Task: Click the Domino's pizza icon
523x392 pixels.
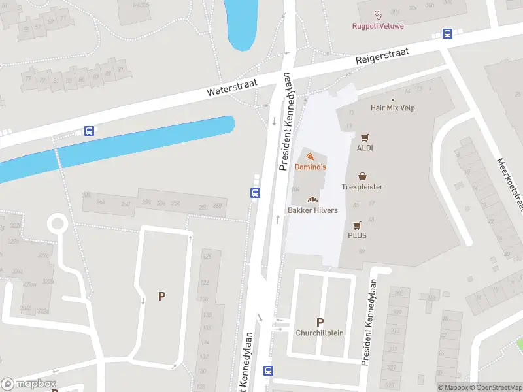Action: tap(310, 156)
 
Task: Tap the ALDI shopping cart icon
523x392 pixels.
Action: tap(365, 137)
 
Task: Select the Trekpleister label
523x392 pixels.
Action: tap(362, 187)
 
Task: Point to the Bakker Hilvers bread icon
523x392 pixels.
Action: tap(312, 199)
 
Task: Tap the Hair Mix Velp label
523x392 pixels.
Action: tap(392, 108)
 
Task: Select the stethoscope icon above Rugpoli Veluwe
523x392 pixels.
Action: tap(377, 14)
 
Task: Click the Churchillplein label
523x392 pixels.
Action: tap(320, 333)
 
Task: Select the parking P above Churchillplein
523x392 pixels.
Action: tap(320, 321)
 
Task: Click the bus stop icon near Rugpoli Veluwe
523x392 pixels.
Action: tap(448, 34)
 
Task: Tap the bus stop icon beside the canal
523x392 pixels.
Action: tap(89, 131)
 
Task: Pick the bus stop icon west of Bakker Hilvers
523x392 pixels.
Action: tap(255, 193)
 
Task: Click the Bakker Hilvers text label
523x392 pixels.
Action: tap(312, 210)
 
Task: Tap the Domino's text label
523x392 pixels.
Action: tap(310, 167)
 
